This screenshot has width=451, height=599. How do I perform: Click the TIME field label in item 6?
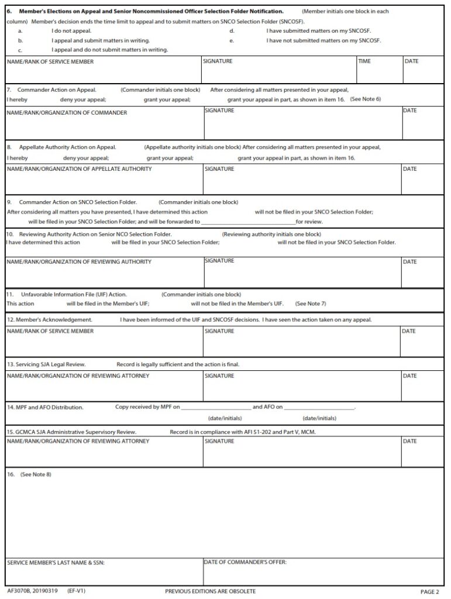pos(364,61)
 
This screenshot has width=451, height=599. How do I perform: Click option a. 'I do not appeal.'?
pos(71,30)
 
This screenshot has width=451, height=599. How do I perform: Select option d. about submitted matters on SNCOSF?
pos(318,30)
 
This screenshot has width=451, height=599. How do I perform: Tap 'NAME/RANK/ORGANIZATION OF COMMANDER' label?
pos(67,113)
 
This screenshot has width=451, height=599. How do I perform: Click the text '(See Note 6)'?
pos(365,99)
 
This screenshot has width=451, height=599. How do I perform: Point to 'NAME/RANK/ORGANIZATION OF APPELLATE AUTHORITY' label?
pos(79,169)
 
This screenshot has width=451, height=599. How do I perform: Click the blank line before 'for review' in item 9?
pos(248,222)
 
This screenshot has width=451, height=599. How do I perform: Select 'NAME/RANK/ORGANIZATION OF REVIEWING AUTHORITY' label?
pos(79,261)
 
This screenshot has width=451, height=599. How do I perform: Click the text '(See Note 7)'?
pos(311,304)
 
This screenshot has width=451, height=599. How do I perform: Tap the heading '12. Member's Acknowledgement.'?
pos(50,320)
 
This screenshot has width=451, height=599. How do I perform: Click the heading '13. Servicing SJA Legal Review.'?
pos(46,364)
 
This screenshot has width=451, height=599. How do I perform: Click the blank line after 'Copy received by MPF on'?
pos(216,407)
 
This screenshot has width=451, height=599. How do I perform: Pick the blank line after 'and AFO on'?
pos(319,407)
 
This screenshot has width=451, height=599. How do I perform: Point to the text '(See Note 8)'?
pos(36,474)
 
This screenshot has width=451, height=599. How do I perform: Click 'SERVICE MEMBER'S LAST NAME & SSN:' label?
pos(56,564)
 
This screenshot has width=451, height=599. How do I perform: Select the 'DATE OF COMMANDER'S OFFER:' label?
pos(245,563)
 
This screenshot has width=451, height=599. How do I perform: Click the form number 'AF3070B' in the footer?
pos(19,591)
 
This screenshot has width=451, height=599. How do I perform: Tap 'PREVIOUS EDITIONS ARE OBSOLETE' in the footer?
pos(210,591)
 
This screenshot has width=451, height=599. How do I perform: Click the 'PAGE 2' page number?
pos(429,592)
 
